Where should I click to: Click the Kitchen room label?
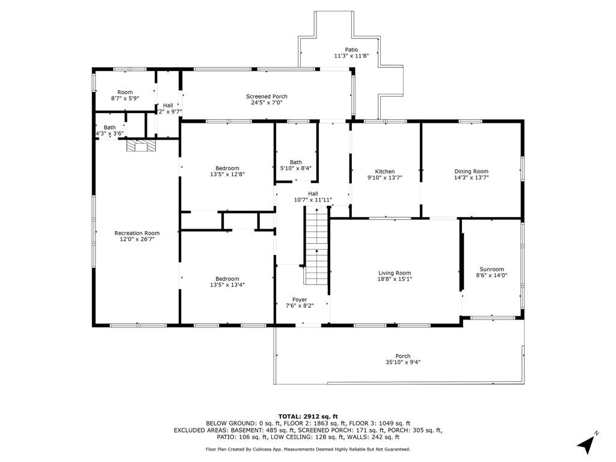384,171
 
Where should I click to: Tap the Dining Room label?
471,171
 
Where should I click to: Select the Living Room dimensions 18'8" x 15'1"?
395,279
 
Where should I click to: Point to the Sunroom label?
491,269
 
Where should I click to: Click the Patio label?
351,49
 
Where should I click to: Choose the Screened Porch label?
266,96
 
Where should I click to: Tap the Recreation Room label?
137,233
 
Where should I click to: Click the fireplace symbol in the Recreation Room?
141,146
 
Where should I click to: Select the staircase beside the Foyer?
316,245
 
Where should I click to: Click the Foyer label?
300,300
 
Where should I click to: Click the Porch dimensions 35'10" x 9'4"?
402,362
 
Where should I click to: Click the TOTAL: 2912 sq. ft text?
308,416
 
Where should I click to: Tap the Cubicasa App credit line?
308,449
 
